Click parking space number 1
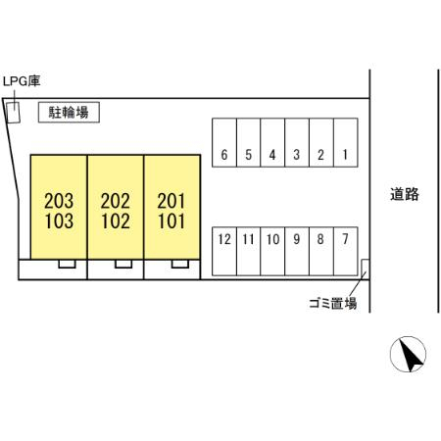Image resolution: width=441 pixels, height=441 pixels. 346,142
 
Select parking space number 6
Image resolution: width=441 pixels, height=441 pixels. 224,142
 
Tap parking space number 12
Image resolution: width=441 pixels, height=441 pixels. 224,252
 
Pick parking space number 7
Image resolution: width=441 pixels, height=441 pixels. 346,252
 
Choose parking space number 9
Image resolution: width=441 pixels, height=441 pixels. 297,252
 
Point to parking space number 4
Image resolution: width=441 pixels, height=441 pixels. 272,142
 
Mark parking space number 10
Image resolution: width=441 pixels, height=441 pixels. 272,252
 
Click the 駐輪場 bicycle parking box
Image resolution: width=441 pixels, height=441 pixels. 69,113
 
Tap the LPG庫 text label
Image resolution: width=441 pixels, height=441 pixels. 22,81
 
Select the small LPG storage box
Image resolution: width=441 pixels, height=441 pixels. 14,113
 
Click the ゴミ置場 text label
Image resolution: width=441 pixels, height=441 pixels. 333,304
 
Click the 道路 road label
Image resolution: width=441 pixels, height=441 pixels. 405,194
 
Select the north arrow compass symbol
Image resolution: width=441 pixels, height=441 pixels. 408,355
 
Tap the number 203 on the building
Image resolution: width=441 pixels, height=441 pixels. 59,201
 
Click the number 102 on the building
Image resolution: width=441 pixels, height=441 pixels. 116,221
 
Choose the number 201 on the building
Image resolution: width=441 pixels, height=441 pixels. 171,201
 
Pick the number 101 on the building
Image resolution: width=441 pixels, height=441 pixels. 171,221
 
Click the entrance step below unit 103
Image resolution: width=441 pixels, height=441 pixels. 67,264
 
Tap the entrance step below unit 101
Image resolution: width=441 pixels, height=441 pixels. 180,264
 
